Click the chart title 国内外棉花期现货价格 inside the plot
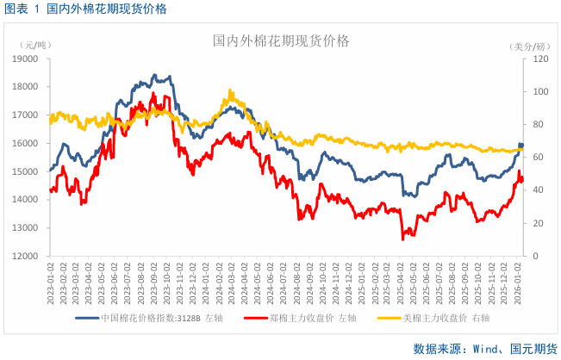[x=281, y=40]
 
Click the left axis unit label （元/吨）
[x=35, y=44]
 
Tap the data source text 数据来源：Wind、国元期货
[x=484, y=348]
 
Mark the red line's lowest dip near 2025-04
[x=402, y=239]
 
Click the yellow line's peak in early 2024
[x=230, y=90]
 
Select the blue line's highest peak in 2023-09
[x=154, y=75]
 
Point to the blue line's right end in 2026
[x=521, y=145]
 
